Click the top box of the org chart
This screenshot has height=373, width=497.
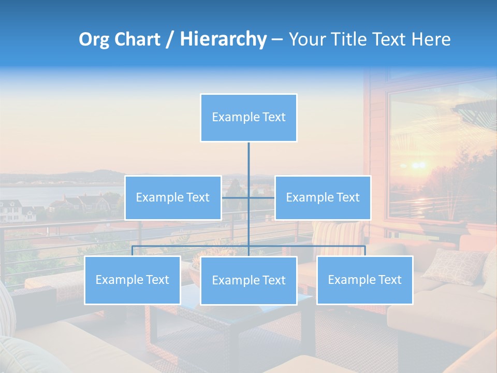pyautogui.click(x=248, y=118)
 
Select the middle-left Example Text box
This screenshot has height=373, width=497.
pyautogui.click(x=173, y=198)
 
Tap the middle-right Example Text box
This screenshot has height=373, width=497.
pyautogui.click(x=323, y=198)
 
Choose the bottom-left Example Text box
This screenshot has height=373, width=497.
pyautogui.click(x=132, y=280)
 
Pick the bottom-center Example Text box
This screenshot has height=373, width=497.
pyautogui.click(x=248, y=281)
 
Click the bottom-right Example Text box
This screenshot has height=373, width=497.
pyautogui.click(x=364, y=280)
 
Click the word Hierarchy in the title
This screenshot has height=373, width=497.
pyautogui.click(x=223, y=39)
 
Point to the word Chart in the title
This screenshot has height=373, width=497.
pyautogui.click(x=137, y=39)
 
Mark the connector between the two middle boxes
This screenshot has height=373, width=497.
pyautogui.click(x=248, y=197)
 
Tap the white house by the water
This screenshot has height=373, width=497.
pyautogui.click(x=10, y=210)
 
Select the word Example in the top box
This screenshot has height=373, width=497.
pyautogui.click(x=230, y=118)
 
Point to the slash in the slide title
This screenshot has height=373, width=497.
pyautogui.click(x=169, y=39)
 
